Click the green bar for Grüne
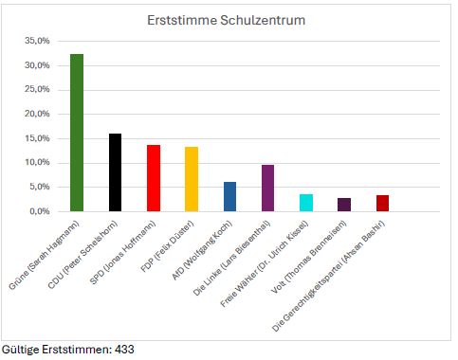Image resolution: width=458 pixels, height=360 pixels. [77, 133]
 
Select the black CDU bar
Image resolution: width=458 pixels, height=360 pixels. [115, 172]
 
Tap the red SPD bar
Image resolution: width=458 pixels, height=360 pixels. [154, 178]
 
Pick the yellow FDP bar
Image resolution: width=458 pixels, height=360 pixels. [192, 179]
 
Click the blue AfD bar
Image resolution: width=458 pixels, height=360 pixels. [229, 196]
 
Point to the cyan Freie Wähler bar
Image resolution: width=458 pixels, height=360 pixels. [305, 203]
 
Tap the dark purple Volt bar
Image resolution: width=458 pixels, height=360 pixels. [343, 205]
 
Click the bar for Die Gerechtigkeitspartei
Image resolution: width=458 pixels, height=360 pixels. [382, 203]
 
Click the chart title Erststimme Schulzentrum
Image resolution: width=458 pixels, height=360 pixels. [225, 20]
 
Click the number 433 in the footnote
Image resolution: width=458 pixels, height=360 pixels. [123, 350]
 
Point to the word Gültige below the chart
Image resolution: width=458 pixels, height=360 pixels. [19, 350]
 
